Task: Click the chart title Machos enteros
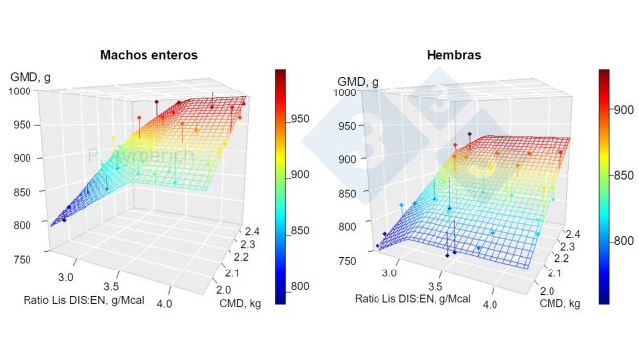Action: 148,55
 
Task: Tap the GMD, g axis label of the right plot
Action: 357,78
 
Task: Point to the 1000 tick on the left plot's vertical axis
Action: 22,90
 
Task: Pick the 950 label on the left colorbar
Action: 306,117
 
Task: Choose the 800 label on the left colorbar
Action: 306,286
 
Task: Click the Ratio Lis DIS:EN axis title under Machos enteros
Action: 93,299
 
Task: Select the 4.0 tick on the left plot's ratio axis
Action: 178,290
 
